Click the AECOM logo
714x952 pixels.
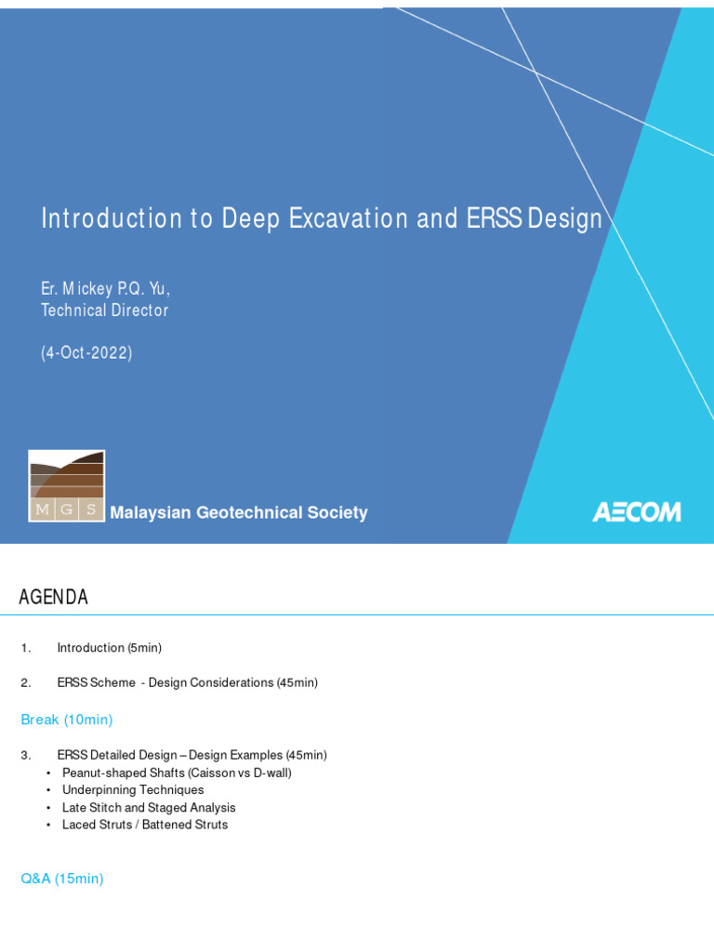[x=637, y=512]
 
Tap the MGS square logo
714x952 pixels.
[x=66, y=486]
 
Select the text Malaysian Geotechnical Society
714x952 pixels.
[x=239, y=513]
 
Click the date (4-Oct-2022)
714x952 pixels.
[x=86, y=353]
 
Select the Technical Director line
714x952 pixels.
[x=105, y=311]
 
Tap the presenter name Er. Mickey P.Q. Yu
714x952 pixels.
[x=106, y=289]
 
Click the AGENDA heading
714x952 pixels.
[x=54, y=598]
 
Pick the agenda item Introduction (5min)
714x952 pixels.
[x=109, y=647]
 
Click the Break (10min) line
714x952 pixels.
[x=67, y=720]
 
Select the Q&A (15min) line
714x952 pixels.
[x=62, y=879]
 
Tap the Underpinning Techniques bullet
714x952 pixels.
[x=133, y=790]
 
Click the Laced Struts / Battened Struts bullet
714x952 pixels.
[x=145, y=825]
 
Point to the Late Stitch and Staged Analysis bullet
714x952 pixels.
[x=149, y=808]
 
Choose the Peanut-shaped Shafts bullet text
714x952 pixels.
[x=177, y=773]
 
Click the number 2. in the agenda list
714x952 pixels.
[x=26, y=682]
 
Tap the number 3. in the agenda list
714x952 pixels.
[x=26, y=755]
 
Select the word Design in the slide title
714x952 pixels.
[x=564, y=218]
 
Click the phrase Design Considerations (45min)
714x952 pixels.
[x=233, y=682]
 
